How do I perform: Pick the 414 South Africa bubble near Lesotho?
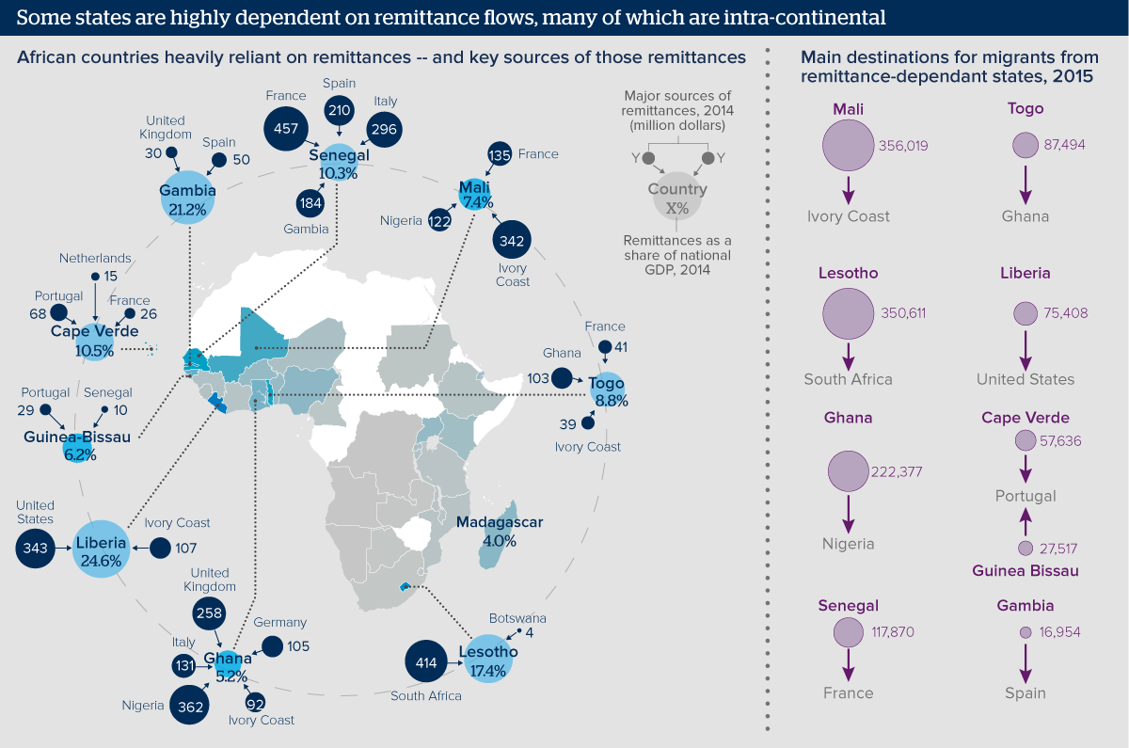tap(426, 663)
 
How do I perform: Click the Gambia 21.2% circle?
tap(187, 199)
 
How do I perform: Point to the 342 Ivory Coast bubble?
tap(513, 241)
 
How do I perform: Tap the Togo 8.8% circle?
tap(609, 390)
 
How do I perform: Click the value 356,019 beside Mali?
tap(902, 146)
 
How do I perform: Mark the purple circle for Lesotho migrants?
tap(848, 312)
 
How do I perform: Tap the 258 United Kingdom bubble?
tap(208, 613)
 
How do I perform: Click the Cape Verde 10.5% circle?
tap(95, 341)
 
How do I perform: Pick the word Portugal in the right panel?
tap(1026, 496)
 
